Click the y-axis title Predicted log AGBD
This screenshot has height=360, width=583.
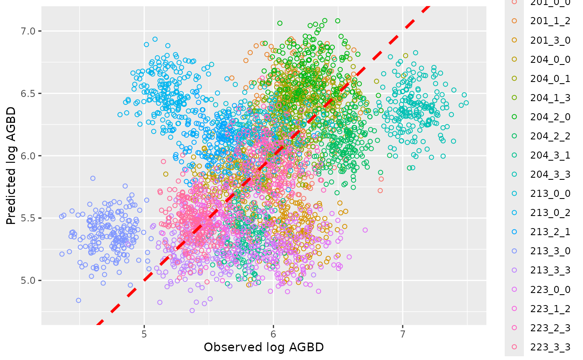[x=11, y=166]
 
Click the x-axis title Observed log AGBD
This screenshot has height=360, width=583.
[x=264, y=347]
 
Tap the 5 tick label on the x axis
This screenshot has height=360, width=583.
[x=144, y=334]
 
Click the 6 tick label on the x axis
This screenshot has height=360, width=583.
[x=273, y=334]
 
